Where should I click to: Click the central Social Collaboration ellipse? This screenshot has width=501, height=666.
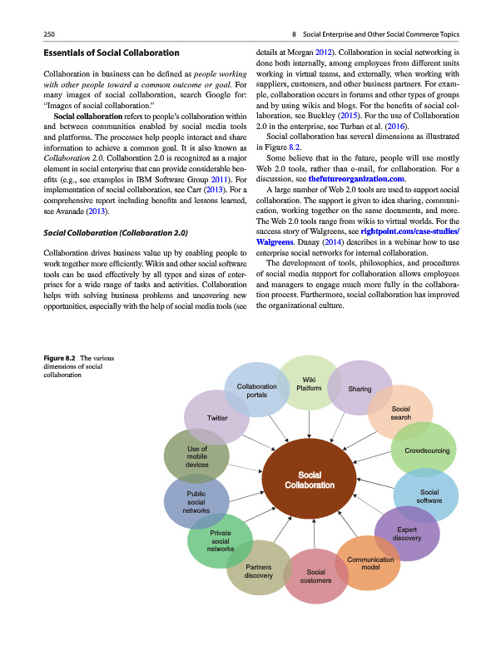309,480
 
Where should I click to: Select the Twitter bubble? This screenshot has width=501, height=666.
217,417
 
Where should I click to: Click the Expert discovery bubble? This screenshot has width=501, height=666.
407,533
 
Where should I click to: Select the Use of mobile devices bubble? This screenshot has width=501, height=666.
197,457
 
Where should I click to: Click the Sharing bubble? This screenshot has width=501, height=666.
360,389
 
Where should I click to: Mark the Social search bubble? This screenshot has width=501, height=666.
400,412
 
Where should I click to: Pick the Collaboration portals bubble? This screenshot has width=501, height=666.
256,390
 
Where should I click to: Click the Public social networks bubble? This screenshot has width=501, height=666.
196,503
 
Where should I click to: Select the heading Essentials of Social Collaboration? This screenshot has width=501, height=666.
111,53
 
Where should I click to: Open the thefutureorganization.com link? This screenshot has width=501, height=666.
356,179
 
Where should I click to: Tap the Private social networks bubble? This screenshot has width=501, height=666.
220,541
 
